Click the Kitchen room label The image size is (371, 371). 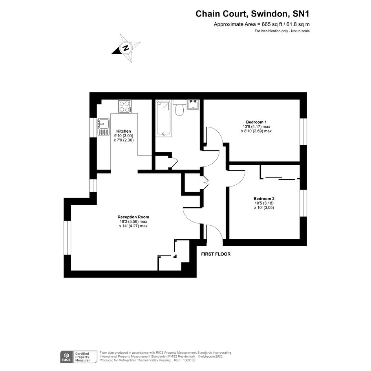pyautogui.click(x=124, y=131)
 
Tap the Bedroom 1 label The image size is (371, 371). pyautogui.click(x=256, y=122)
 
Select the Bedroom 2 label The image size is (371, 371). pyautogui.click(x=264, y=199)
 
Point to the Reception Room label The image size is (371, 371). pyautogui.click(x=133, y=217)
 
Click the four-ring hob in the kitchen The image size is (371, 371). pyautogui.click(x=125, y=106)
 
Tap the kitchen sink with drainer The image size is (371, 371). pyautogui.click(x=104, y=127)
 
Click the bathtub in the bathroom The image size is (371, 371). pyautogui.click(x=163, y=118)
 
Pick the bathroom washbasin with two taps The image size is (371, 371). pyautogui.click(x=193, y=105)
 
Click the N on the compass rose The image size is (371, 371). pyautogui.click(x=126, y=48)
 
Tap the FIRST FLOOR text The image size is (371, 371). pyautogui.click(x=216, y=254)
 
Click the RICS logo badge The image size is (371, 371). pyautogui.click(x=66, y=357)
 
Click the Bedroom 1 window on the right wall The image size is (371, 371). pyautogui.click(x=303, y=132)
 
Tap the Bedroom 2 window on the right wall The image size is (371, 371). pyautogui.click(x=303, y=203)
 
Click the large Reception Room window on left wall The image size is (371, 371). pyautogui.click(x=68, y=238)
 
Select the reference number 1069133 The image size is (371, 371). pyautogui.click(x=188, y=360)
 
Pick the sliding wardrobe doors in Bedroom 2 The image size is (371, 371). pyautogui.click(x=281, y=179)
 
